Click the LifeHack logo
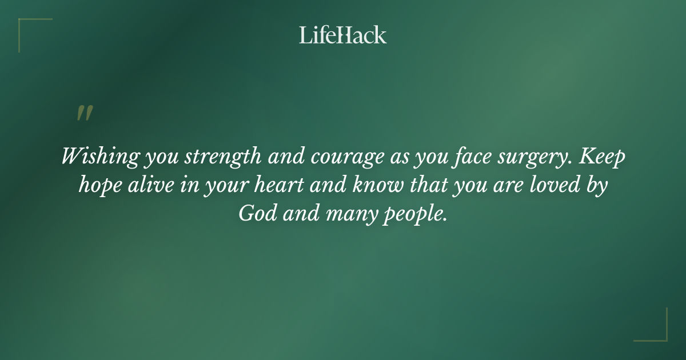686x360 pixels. tap(342, 35)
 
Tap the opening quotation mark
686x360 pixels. tap(84, 113)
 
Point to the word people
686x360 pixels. tap(409, 215)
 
